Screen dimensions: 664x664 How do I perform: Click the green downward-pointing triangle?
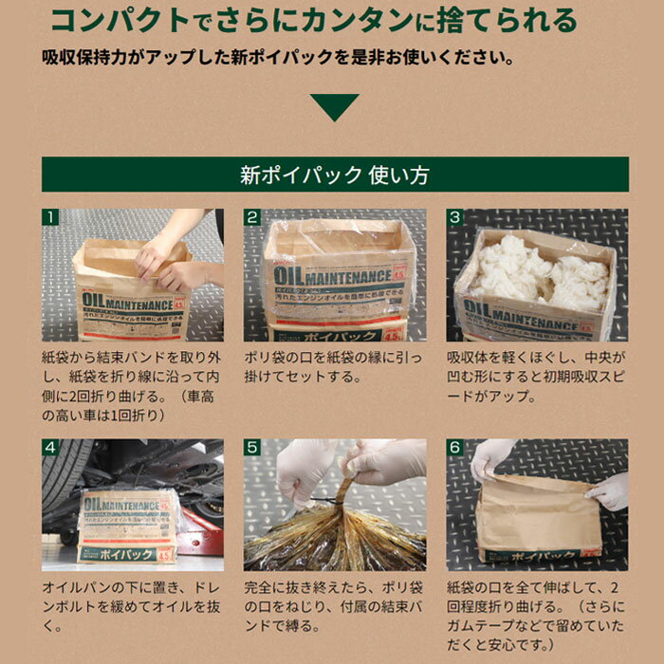tap(334, 106)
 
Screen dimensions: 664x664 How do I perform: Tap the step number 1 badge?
tap(50, 217)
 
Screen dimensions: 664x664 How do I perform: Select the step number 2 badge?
tap(252, 217)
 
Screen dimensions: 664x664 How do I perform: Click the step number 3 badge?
tap(454, 217)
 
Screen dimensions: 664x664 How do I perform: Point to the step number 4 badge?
tap(50, 447)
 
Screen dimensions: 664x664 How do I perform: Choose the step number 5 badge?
tap(252, 447)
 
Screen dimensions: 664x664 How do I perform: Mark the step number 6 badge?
tap(454, 447)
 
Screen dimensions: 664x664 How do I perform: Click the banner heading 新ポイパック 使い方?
tap(335, 175)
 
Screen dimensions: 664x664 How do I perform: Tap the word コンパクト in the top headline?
tap(120, 20)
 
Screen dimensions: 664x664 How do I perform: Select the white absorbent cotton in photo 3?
tap(541, 272)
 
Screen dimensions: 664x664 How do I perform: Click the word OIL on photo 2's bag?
tap(288, 276)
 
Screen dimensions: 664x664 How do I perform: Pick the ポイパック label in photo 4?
tap(121, 555)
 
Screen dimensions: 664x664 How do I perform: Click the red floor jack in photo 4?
tap(199, 531)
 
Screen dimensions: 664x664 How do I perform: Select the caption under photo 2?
tap(333, 367)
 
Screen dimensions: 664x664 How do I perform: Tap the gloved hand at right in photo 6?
tap(608, 491)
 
